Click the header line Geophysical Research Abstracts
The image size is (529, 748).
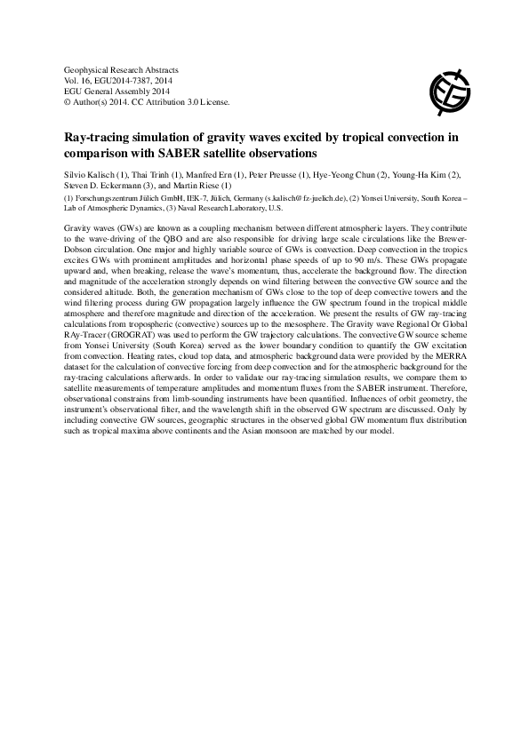point(123,69)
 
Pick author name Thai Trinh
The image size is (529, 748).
point(152,173)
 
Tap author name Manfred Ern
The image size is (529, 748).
point(206,173)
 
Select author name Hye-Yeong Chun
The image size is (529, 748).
point(341,173)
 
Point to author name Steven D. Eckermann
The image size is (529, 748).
point(105,184)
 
